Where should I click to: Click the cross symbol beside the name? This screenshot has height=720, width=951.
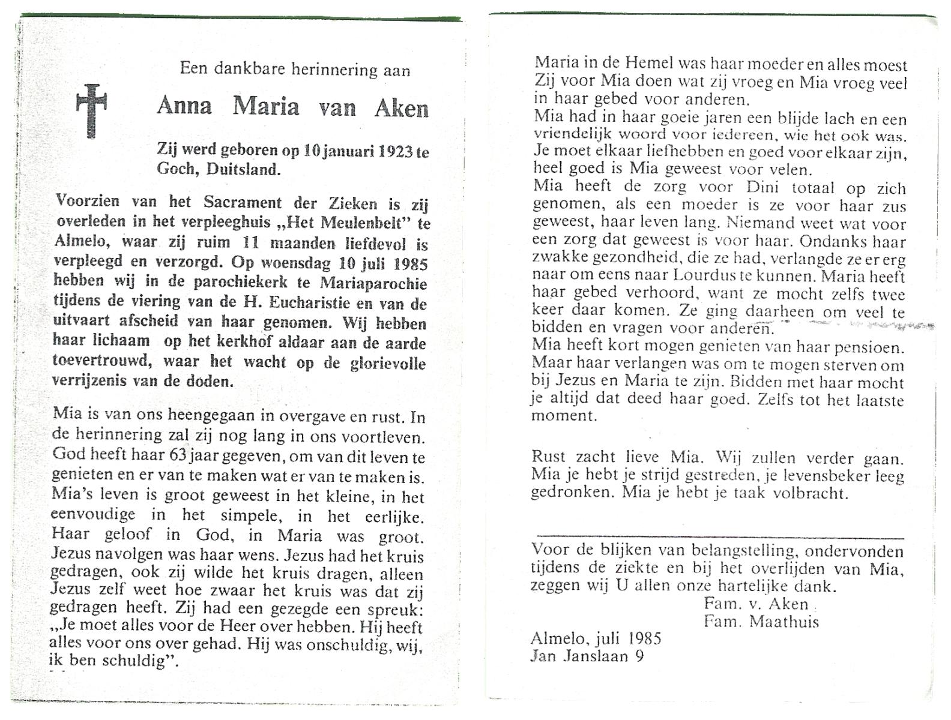[91, 110]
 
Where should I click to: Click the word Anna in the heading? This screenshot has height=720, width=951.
[184, 107]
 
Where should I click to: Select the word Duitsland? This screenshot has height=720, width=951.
[243, 169]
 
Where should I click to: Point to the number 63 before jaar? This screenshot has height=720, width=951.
[178, 454]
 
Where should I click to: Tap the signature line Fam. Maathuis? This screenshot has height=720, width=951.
[761, 622]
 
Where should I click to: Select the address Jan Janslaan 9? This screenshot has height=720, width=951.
[587, 656]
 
